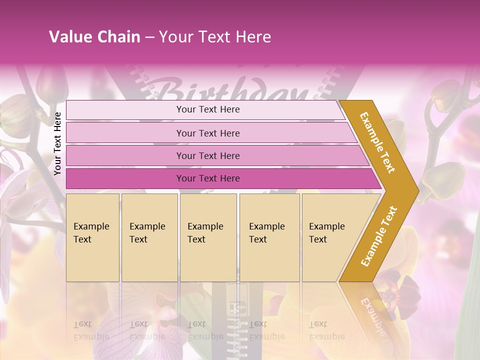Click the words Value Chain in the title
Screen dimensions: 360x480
click(94, 37)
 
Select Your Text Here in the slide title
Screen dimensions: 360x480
click(215, 37)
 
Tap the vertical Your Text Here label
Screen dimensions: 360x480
click(57, 143)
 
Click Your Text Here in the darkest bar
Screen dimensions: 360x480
click(208, 178)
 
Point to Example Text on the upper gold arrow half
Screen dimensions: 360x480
click(377, 142)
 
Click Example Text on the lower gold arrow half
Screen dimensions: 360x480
click(378, 236)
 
